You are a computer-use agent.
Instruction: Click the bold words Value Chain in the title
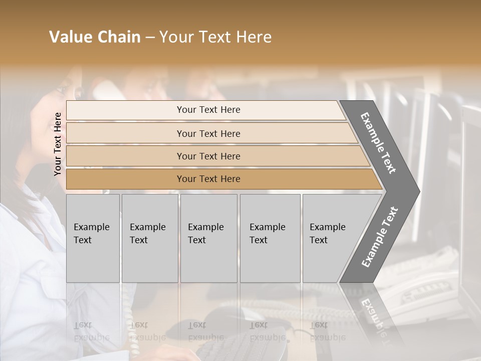(x=95, y=37)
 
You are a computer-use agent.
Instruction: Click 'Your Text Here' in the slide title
(x=215, y=37)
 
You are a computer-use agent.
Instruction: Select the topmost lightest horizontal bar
(x=125, y=110)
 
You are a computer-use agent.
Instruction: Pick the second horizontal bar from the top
(x=125, y=133)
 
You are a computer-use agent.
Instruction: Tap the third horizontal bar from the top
(x=125, y=156)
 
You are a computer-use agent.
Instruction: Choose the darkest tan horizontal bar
(x=125, y=179)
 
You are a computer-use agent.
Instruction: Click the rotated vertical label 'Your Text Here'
(x=58, y=144)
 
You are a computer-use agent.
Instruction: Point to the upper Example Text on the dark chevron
(x=378, y=143)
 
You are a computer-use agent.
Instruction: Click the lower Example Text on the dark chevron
(x=380, y=237)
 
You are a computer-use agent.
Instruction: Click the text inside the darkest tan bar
(x=208, y=179)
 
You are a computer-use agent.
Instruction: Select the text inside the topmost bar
(x=208, y=110)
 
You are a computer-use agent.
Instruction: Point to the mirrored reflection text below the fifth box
(x=319, y=331)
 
